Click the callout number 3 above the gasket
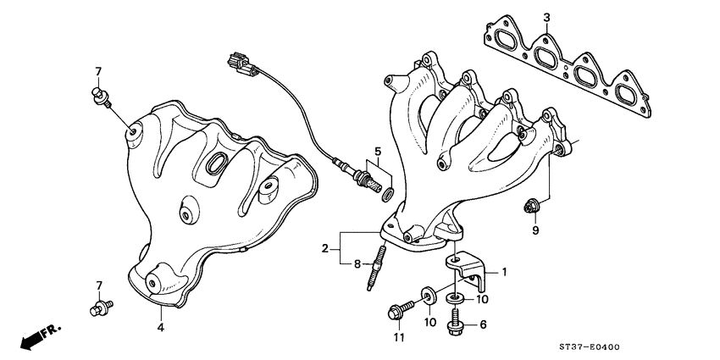click(x=546, y=17)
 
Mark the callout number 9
click(x=535, y=230)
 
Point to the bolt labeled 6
click(x=456, y=319)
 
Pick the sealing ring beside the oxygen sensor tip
click(x=387, y=197)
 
